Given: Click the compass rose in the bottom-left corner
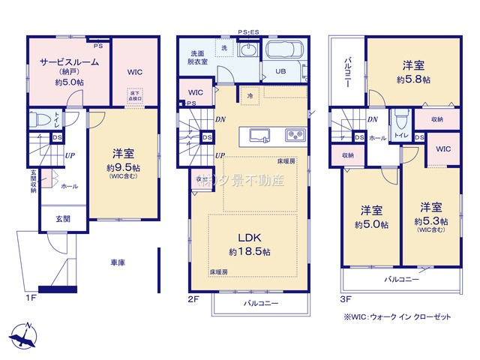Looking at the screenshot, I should point(25,334).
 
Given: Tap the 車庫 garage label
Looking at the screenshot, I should point(117,262).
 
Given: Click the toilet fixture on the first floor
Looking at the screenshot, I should point(43,120).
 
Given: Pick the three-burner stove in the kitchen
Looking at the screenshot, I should point(293,136).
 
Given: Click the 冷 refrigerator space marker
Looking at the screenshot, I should point(248,97).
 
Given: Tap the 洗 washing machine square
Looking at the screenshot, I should point(223,48).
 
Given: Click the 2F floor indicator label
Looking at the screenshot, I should point(192,298).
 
